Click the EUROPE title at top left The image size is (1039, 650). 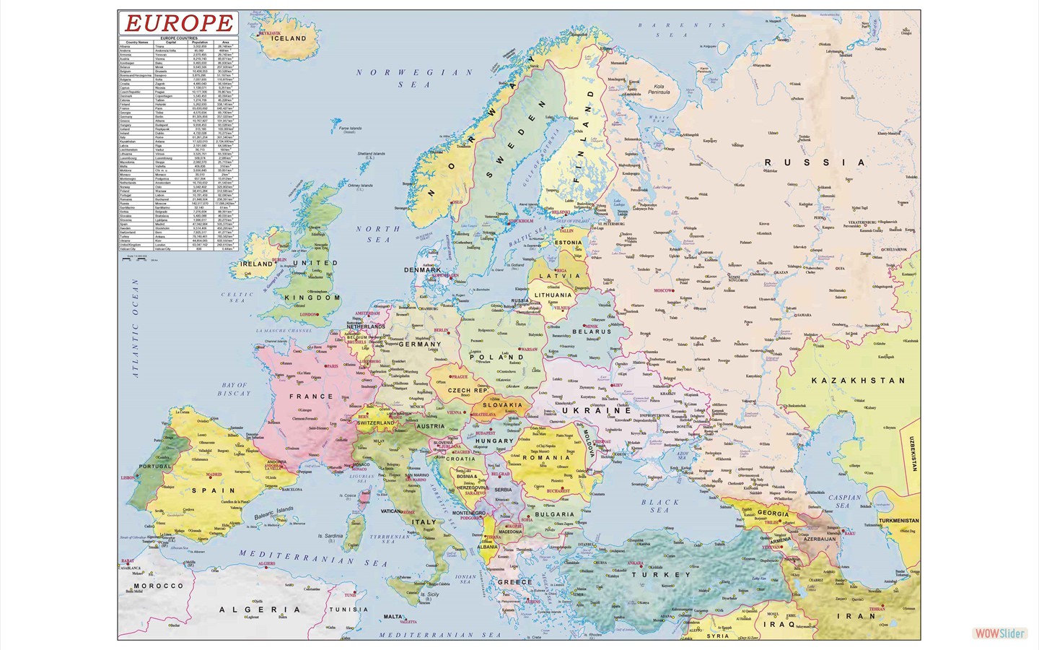(179, 23)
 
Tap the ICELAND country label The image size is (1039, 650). (289, 38)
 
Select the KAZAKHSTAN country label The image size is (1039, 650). (858, 381)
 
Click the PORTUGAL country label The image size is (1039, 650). (155, 467)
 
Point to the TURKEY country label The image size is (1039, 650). (661, 575)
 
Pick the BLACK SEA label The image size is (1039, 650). (660, 506)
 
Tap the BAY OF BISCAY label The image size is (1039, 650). (234, 389)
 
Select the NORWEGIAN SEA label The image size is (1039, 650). (415, 78)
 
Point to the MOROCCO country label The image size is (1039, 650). (159, 586)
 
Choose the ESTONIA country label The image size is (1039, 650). (568, 243)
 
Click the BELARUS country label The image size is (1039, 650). (592, 331)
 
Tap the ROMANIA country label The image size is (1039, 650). (546, 457)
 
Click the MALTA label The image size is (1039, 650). (393, 617)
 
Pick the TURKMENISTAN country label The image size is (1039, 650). (898, 521)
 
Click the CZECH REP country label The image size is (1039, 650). (468, 390)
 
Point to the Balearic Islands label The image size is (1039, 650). (274, 513)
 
